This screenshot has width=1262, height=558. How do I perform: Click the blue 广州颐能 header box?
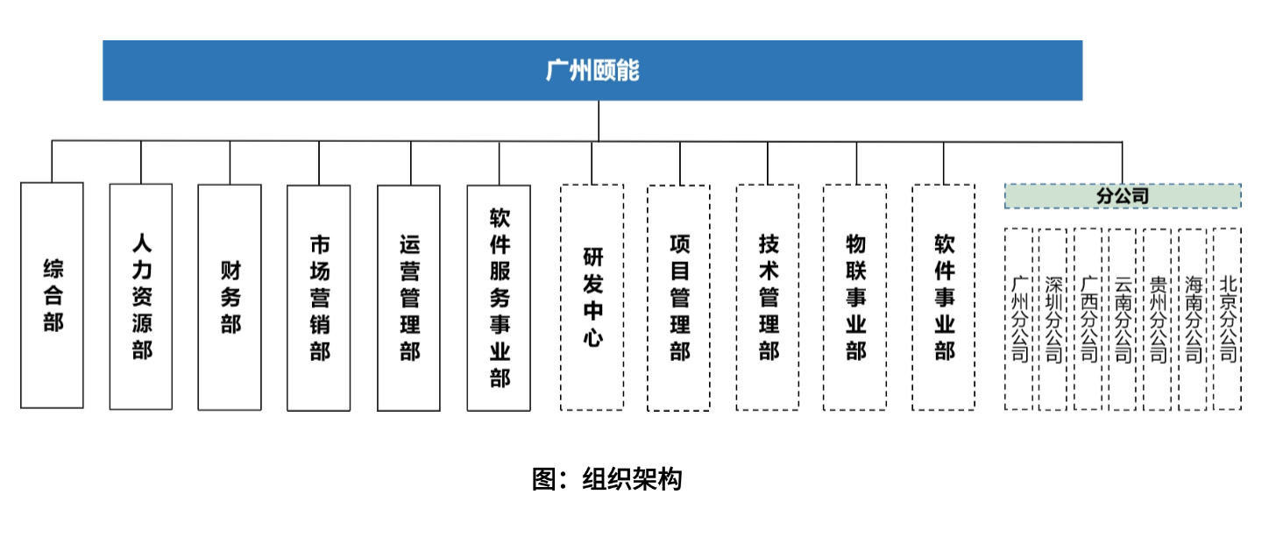tap(592, 70)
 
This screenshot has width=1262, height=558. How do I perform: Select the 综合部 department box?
tap(52, 295)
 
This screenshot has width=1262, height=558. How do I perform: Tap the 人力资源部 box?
tap(141, 296)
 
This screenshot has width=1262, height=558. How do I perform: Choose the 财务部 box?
tap(230, 297)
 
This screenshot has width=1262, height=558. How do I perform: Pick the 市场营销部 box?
tap(318, 298)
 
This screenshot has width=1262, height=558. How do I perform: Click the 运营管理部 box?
tap(408, 298)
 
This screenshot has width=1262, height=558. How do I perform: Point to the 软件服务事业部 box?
tap(499, 298)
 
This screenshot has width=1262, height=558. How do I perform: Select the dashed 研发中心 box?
tap(592, 297)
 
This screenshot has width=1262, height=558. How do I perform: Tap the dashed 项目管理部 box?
tap(678, 298)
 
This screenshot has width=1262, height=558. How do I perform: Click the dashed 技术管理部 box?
tap(768, 297)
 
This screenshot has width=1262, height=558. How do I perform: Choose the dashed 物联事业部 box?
tap(854, 297)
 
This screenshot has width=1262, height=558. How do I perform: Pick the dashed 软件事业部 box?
tap(944, 297)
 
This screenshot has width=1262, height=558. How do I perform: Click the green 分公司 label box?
tap(1123, 196)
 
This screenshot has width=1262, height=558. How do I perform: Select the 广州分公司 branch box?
tap(1018, 319)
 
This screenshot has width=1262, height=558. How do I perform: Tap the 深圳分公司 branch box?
tap(1053, 319)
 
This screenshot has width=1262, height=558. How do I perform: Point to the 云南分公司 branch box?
tap(1123, 319)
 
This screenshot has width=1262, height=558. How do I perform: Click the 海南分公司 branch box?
tap(1192, 319)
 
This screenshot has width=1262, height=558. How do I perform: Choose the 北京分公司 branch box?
tap(1227, 319)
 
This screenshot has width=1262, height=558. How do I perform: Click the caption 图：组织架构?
tap(606, 479)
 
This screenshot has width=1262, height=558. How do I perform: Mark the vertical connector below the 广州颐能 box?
tap(599, 121)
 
